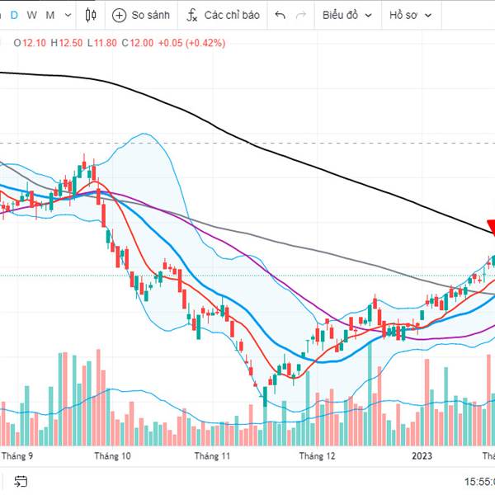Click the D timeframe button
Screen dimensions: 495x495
coord(13,15)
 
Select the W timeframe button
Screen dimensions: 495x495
coord(31,15)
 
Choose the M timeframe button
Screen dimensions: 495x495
coord(50,15)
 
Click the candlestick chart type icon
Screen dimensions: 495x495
coord(90,15)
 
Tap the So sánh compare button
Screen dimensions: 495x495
coord(142,15)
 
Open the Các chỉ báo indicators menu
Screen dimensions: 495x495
coord(223,15)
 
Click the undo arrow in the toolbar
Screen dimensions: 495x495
coord(280,15)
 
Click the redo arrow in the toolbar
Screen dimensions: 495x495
coord(301,15)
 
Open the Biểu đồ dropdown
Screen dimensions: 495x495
coord(346,15)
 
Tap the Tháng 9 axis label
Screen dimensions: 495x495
coord(17,455)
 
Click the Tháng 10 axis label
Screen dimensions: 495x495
coord(112,455)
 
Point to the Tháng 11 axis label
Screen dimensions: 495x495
coord(213,455)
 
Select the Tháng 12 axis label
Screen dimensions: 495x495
coord(318,455)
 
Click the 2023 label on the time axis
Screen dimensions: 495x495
coord(422,455)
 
